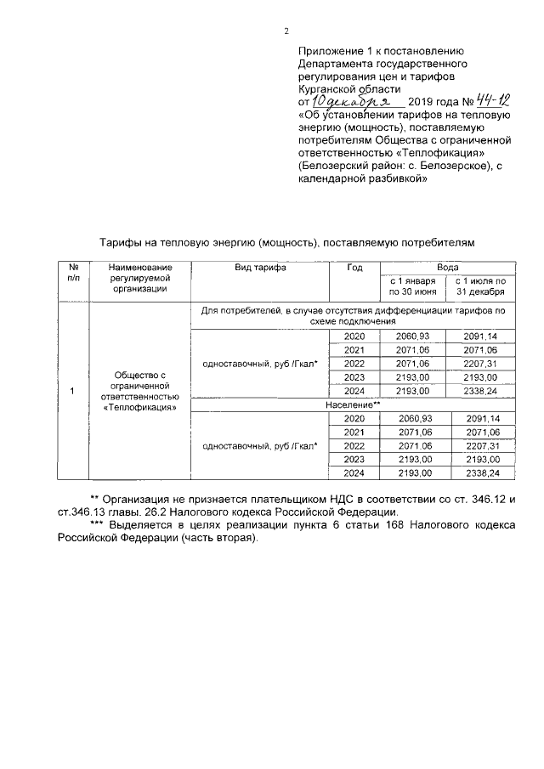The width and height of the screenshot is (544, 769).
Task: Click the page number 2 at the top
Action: click(x=286, y=31)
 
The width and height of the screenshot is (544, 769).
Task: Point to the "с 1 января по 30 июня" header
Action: click(x=406, y=286)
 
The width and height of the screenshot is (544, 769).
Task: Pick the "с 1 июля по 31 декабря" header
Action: click(x=480, y=286)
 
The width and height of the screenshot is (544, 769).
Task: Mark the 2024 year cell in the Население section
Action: click(x=354, y=472)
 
